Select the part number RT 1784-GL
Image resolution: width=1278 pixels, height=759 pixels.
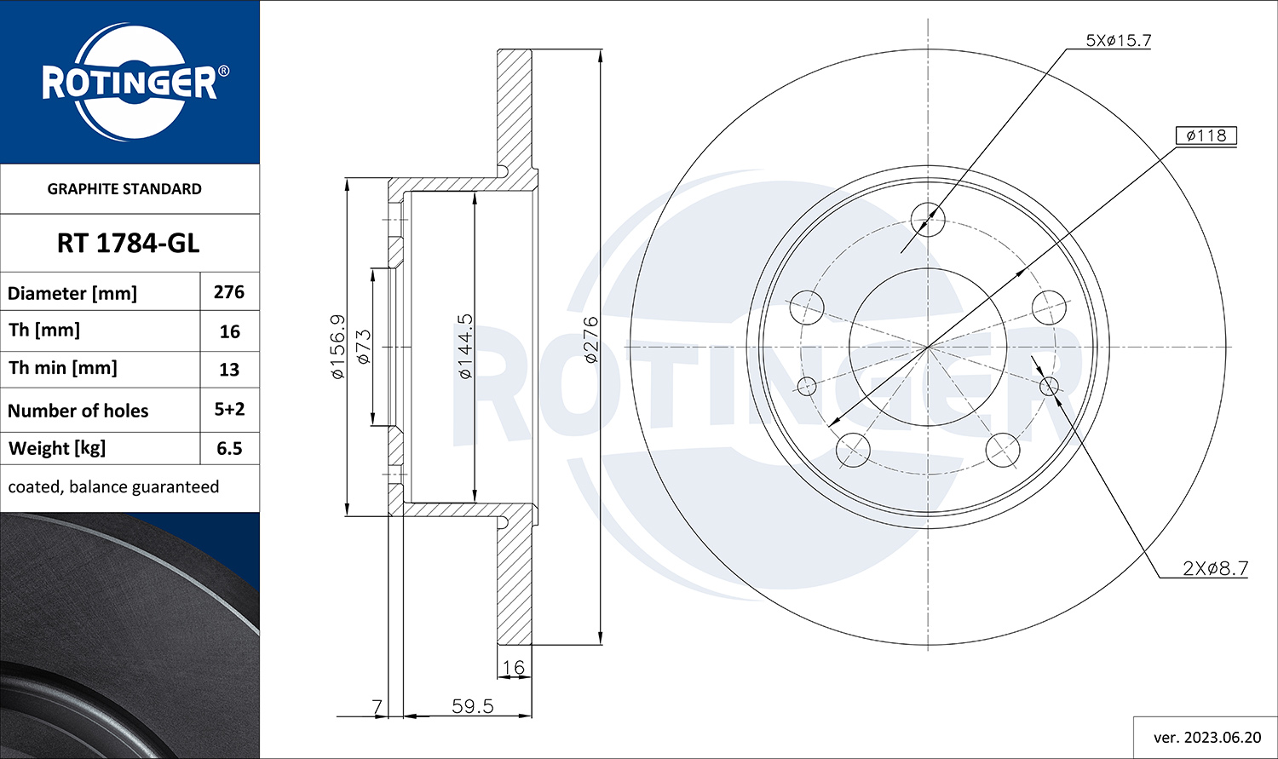coord(128,244)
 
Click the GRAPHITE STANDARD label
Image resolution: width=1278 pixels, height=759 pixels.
coord(124,189)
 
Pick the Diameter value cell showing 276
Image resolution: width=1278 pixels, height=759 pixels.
coord(229,292)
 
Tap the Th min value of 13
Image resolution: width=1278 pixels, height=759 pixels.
coord(229,370)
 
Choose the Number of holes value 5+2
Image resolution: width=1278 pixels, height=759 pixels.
coord(229,409)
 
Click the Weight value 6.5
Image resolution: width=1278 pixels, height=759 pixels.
coord(229,448)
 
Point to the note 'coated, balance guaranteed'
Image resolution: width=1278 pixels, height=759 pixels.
coord(113,486)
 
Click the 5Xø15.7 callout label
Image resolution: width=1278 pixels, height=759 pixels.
coord(1118,40)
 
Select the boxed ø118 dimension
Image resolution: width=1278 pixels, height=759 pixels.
coord(1206,135)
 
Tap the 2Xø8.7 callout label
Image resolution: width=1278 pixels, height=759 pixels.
coord(1215,568)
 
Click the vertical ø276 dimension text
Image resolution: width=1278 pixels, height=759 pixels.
coord(591,339)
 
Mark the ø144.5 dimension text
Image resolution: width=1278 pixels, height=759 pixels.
coord(465,346)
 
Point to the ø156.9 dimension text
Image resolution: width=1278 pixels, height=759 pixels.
coord(337,346)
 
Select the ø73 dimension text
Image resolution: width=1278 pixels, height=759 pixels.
coord(364,347)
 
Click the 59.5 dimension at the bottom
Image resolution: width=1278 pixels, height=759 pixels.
coord(472,706)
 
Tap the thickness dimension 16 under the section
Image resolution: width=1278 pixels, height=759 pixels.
coord(514,667)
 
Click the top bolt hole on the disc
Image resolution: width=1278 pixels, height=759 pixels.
coord(928,219)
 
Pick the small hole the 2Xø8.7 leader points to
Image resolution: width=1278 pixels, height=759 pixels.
coord(1049,387)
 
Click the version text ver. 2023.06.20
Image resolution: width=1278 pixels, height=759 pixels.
coord(1206,737)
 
